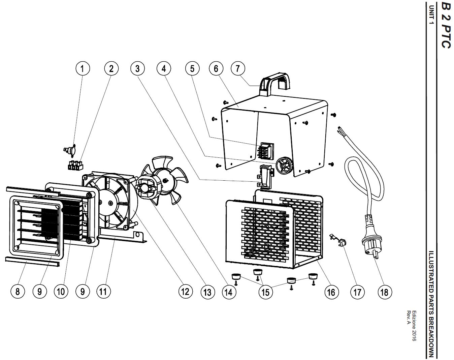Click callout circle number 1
[83, 69]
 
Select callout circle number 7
[238, 69]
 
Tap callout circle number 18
[384, 292]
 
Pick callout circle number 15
[266, 292]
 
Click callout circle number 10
[61, 292]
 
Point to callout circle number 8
[18, 292]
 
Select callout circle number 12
[186, 292]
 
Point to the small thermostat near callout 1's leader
[70, 150]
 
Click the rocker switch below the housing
[265, 177]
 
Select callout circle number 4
[164, 69]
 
